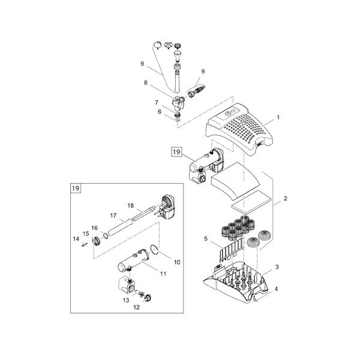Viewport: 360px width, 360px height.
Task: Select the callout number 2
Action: tap(285, 198)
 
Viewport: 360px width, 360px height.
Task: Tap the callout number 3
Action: tap(277, 267)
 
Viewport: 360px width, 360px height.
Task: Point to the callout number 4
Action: tap(277, 289)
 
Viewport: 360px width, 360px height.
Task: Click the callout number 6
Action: tap(159, 112)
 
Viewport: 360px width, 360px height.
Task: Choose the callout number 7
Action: tap(157, 103)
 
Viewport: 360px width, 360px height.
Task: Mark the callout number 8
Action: tap(145, 82)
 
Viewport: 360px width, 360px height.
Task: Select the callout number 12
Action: tap(137, 307)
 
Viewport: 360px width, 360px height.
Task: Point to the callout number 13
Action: tap(126, 299)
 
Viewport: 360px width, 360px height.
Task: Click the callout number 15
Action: tap(86, 233)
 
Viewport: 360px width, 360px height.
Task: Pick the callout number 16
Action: tap(95, 228)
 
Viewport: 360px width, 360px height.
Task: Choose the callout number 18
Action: tap(130, 205)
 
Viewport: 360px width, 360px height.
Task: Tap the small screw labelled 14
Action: tap(86, 243)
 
